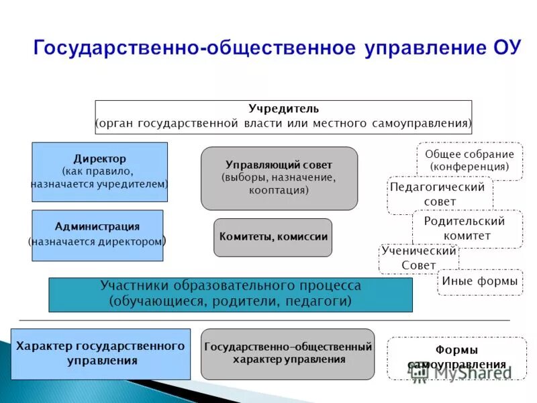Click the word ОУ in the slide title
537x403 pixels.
click(x=503, y=50)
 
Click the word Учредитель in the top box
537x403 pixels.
click(x=283, y=109)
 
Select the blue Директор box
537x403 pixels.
click(x=99, y=172)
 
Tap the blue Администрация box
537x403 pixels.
click(x=97, y=235)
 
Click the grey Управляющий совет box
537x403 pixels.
click(x=279, y=178)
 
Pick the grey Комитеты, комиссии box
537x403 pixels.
click(x=273, y=237)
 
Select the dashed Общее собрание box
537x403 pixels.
click(x=469, y=161)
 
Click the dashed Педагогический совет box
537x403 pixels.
click(x=440, y=195)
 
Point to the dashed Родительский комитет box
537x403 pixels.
click(x=467, y=228)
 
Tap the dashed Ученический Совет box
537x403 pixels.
click(x=418, y=259)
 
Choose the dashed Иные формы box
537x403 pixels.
click(x=480, y=281)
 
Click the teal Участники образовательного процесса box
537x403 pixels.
click(x=230, y=294)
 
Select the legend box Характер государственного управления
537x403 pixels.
click(x=100, y=353)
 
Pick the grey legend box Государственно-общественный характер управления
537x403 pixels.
click(x=287, y=353)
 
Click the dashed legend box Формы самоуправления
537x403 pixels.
click(x=456, y=357)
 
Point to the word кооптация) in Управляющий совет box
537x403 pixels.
click(x=279, y=190)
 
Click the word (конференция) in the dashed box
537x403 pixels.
click(x=469, y=167)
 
